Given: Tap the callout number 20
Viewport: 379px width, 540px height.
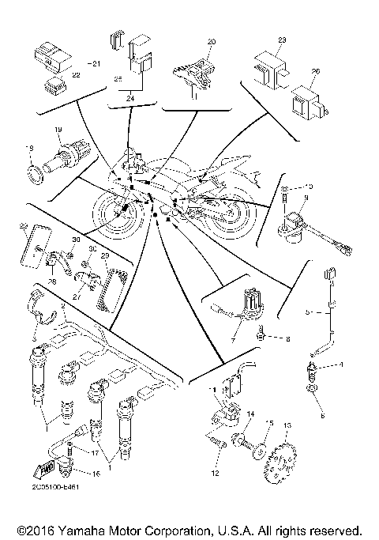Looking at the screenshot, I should [x=211, y=40].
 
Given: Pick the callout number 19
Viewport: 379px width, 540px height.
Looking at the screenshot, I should [x=58, y=129].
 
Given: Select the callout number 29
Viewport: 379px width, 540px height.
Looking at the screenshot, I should [x=104, y=256].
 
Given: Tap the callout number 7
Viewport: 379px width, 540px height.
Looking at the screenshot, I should [x=232, y=337].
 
